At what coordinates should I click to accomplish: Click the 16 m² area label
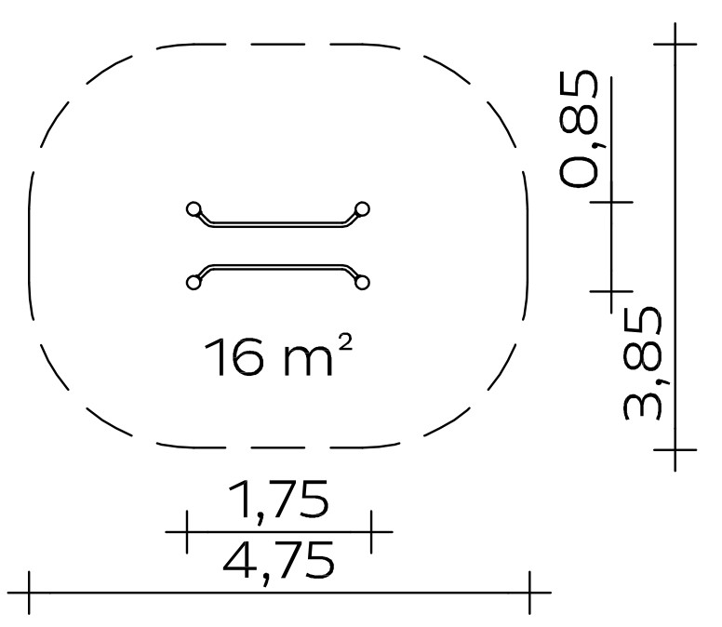[278, 356]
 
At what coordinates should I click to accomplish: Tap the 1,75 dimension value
[278, 500]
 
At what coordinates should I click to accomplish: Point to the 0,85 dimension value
[580, 129]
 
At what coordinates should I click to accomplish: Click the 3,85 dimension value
[643, 364]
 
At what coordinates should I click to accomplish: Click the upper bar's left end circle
[194, 209]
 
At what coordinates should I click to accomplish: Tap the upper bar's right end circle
[362, 209]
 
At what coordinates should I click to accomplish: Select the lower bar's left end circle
[194, 282]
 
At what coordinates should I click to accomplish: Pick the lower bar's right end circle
[362, 282]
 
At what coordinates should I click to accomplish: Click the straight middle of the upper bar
[278, 224]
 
